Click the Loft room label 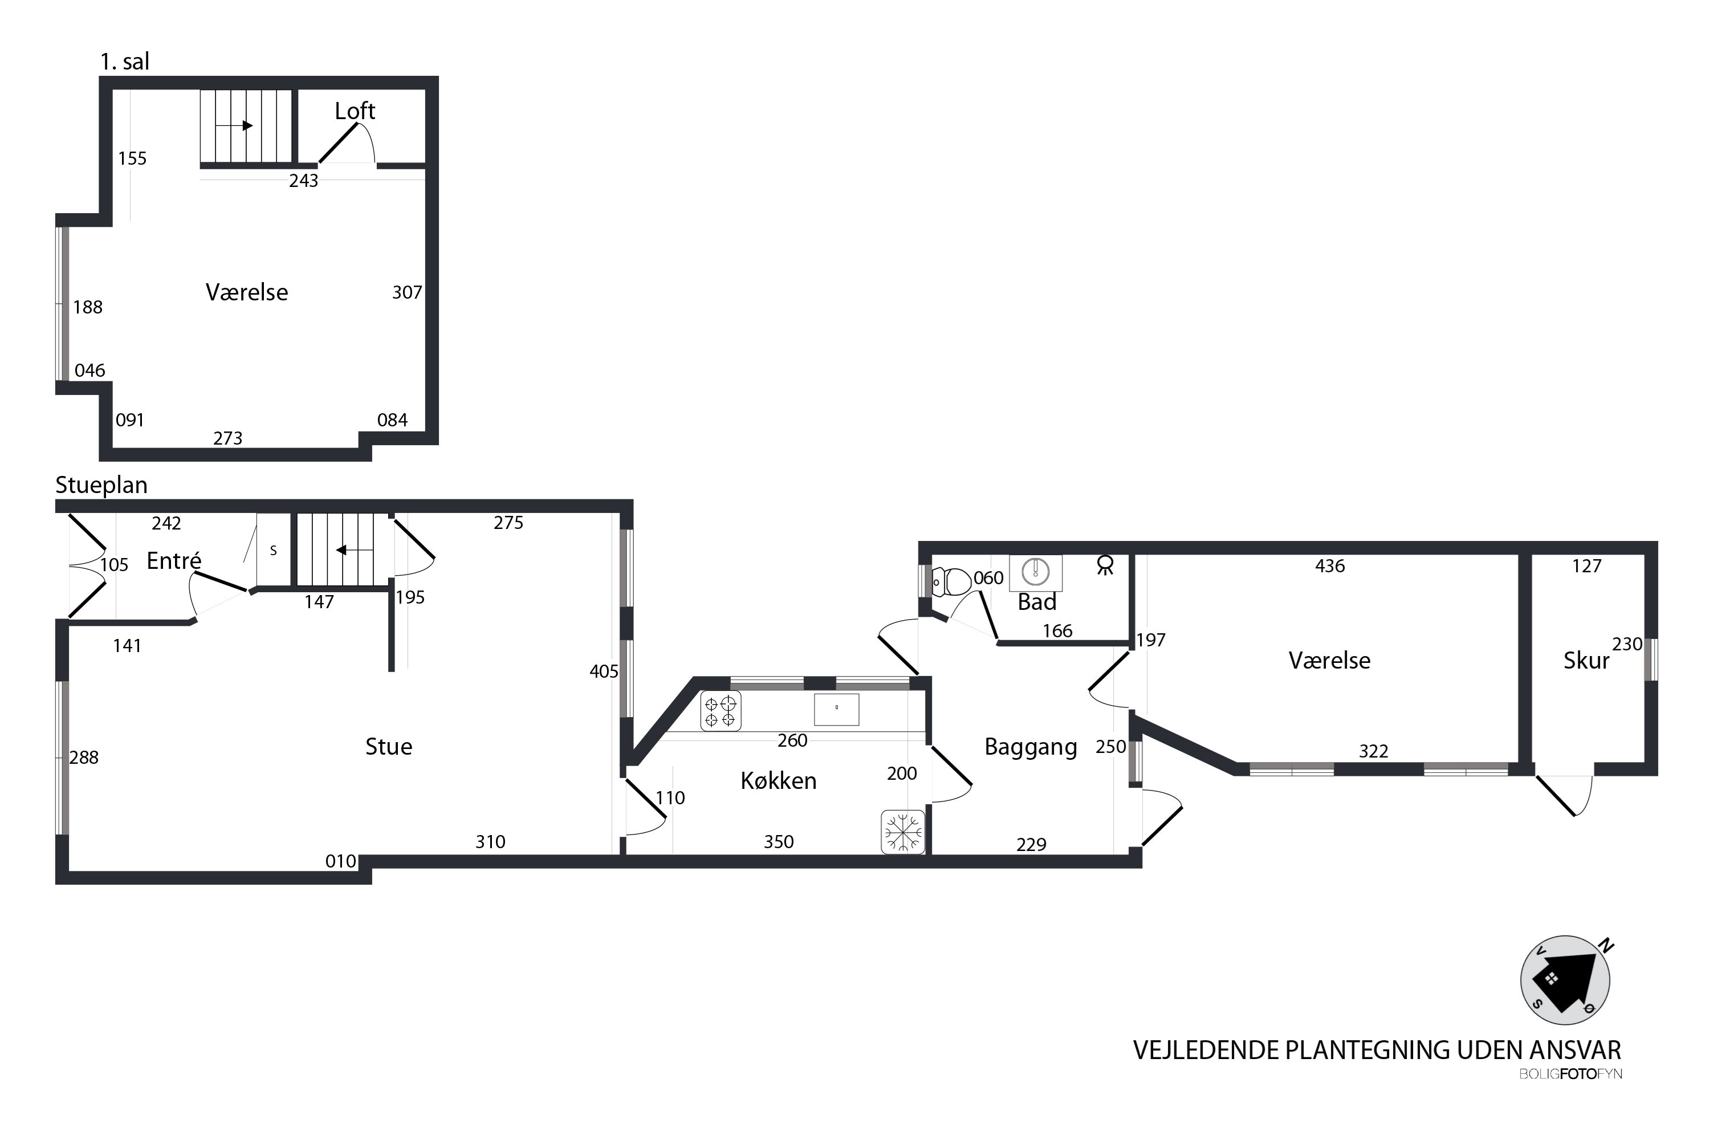(355, 111)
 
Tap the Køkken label (778, 780)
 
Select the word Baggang (1030, 748)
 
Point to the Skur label (1586, 660)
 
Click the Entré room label (174, 560)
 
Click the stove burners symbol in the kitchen (720, 711)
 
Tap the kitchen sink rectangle (836, 710)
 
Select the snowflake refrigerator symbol (902, 831)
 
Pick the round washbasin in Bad (1035, 572)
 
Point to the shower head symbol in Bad (1105, 565)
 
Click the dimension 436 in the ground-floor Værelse (1330, 567)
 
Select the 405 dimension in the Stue (604, 672)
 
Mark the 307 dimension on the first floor (407, 292)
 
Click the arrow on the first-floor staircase (234, 126)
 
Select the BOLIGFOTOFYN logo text (1570, 1074)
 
